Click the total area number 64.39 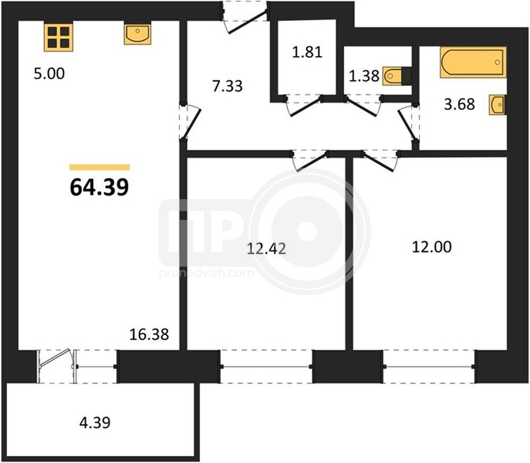(99, 188)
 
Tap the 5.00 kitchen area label (49, 74)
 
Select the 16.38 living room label (149, 335)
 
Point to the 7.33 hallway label (227, 86)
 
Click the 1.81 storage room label (307, 52)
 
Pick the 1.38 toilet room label (364, 76)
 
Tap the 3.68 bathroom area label (459, 104)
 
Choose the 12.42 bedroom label (266, 249)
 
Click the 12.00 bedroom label (432, 247)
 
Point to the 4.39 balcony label (95, 422)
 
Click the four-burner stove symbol (58, 37)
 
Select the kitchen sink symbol (138, 34)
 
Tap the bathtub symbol (473, 63)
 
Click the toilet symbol (397, 76)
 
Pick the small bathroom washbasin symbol (498, 105)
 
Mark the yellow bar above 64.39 (100, 167)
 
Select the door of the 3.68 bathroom (408, 123)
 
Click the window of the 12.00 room (429, 366)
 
